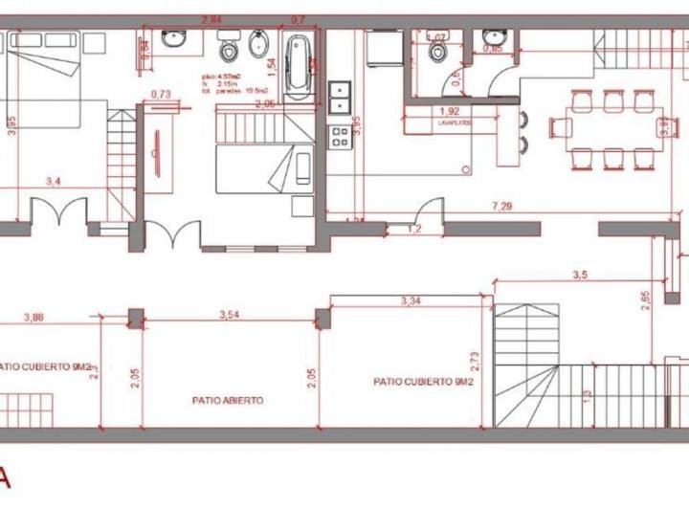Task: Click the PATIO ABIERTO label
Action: point(228,401)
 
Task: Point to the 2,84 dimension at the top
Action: point(212,19)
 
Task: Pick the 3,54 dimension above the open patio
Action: point(229,314)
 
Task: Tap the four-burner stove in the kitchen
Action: point(339,137)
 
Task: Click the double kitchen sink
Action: point(339,97)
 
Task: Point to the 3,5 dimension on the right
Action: point(579,275)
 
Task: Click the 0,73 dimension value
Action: point(161,94)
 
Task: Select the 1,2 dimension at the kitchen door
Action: point(414,230)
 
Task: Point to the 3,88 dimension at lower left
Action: point(33,317)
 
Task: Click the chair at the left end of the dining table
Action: point(556,125)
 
